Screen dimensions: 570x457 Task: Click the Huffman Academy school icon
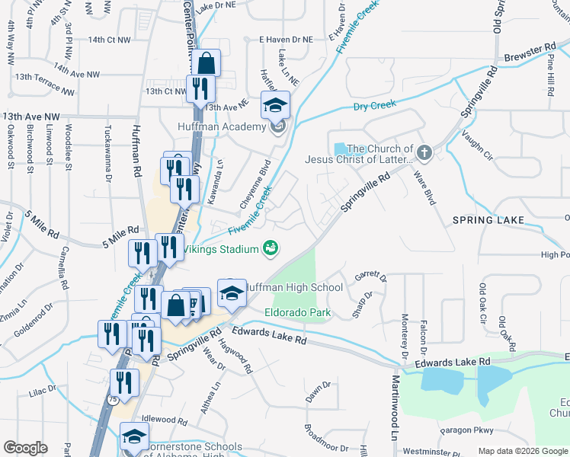pyautogui.click(x=275, y=105)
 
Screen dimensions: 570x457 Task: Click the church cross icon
pyautogui.click(x=425, y=155)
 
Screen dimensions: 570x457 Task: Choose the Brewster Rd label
pyautogui.click(x=530, y=53)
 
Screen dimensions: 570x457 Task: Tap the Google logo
pyautogui.click(x=25, y=448)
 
